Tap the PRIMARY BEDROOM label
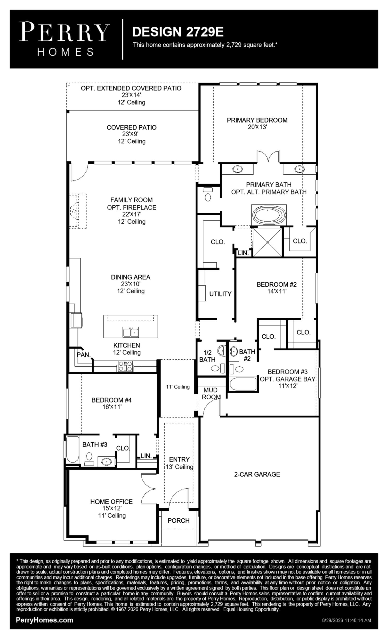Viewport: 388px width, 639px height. [257, 120]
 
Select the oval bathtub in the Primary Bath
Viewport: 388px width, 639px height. [269, 215]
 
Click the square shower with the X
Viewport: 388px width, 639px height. [267, 242]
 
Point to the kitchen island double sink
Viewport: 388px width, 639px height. [130, 332]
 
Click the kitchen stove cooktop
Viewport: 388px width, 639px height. [126, 366]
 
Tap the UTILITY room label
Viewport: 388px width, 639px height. [220, 294]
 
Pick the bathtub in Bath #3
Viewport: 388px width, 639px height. [72, 450]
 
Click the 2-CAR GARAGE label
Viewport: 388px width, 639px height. [257, 474]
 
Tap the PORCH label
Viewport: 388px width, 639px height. [178, 520]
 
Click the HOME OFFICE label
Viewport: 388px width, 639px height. [111, 501]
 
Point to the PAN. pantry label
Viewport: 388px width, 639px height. [83, 355]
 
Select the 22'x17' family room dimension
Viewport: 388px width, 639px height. [131, 214]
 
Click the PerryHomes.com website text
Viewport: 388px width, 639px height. [44, 620]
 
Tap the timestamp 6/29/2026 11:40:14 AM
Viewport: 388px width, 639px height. [347, 620]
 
